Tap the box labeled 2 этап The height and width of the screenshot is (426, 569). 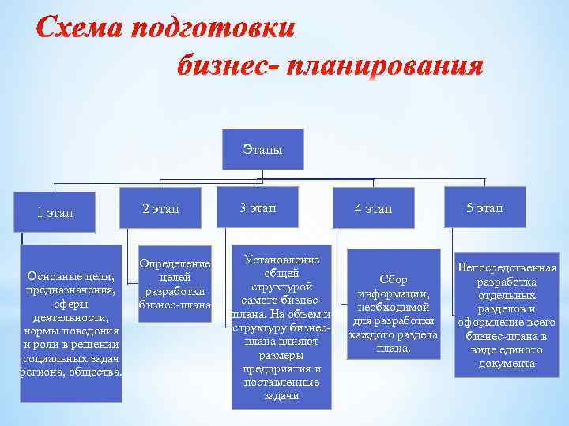coord(160,208)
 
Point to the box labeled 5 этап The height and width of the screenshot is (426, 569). coord(484,207)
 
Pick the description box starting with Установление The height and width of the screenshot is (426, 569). coord(281,330)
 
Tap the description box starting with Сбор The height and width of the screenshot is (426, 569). coord(393,300)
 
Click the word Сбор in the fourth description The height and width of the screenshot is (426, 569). coord(393,279)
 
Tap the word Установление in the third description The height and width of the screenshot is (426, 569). coord(281,260)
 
